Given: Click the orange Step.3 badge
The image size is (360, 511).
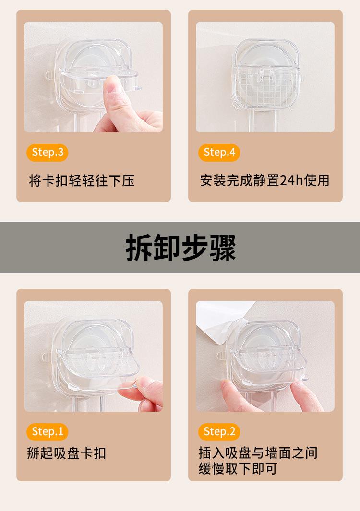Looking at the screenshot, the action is pyautogui.click(x=48, y=153).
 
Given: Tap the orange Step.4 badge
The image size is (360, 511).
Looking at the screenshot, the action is pyautogui.click(x=219, y=153).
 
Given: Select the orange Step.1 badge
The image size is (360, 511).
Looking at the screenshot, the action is pyautogui.click(x=48, y=432).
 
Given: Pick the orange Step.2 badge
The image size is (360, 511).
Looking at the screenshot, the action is pyautogui.click(x=219, y=432).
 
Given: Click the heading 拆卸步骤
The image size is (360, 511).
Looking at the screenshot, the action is pyautogui.click(x=180, y=248).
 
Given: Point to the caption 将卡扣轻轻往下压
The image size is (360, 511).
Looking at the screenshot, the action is pyautogui.click(x=82, y=180).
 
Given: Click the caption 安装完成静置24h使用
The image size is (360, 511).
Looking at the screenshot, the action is pyautogui.click(x=265, y=180).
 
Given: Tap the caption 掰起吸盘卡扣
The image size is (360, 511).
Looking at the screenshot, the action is pyautogui.click(x=67, y=453).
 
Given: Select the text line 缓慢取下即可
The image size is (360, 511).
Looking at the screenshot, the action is pyautogui.click(x=238, y=469).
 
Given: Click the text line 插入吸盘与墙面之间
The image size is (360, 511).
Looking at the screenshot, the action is pyautogui.click(x=258, y=453).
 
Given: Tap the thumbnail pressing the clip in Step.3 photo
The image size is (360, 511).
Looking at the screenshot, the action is pyautogui.click(x=111, y=85).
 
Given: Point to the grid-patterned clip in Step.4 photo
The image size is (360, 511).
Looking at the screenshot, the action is pyautogui.click(x=266, y=86).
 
